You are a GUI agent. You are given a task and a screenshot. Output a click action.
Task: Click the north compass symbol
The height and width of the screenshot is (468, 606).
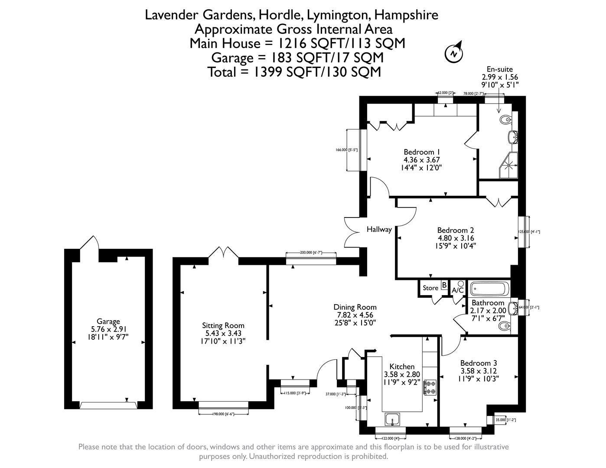454,54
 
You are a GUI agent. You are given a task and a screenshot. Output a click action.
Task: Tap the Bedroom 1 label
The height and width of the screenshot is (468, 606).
422,152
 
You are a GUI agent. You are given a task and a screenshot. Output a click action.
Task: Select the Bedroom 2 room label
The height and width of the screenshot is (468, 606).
455,231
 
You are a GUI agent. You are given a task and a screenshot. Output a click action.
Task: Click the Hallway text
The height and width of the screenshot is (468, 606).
379,229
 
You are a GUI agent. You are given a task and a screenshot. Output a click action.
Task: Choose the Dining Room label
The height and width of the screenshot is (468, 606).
355,307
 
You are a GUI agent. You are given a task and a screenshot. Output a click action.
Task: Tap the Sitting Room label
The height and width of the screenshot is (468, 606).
223,325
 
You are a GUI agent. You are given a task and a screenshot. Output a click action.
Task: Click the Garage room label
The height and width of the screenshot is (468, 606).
108,322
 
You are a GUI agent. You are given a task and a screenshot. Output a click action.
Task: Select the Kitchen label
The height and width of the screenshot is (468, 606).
402,367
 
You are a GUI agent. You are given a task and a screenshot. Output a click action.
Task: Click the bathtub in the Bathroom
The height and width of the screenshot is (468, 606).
488,289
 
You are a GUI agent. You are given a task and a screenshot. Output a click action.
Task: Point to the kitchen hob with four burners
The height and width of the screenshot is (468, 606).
430,387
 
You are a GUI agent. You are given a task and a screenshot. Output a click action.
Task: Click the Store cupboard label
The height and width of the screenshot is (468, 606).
430,288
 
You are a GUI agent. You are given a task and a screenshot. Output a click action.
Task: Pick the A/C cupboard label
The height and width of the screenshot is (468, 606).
458,290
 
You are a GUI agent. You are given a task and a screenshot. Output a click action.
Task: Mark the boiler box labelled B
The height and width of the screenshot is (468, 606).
444,285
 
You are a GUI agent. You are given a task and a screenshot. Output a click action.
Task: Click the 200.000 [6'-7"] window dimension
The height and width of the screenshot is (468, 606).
311,253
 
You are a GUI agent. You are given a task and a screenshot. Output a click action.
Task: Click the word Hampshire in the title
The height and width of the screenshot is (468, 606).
406,15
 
